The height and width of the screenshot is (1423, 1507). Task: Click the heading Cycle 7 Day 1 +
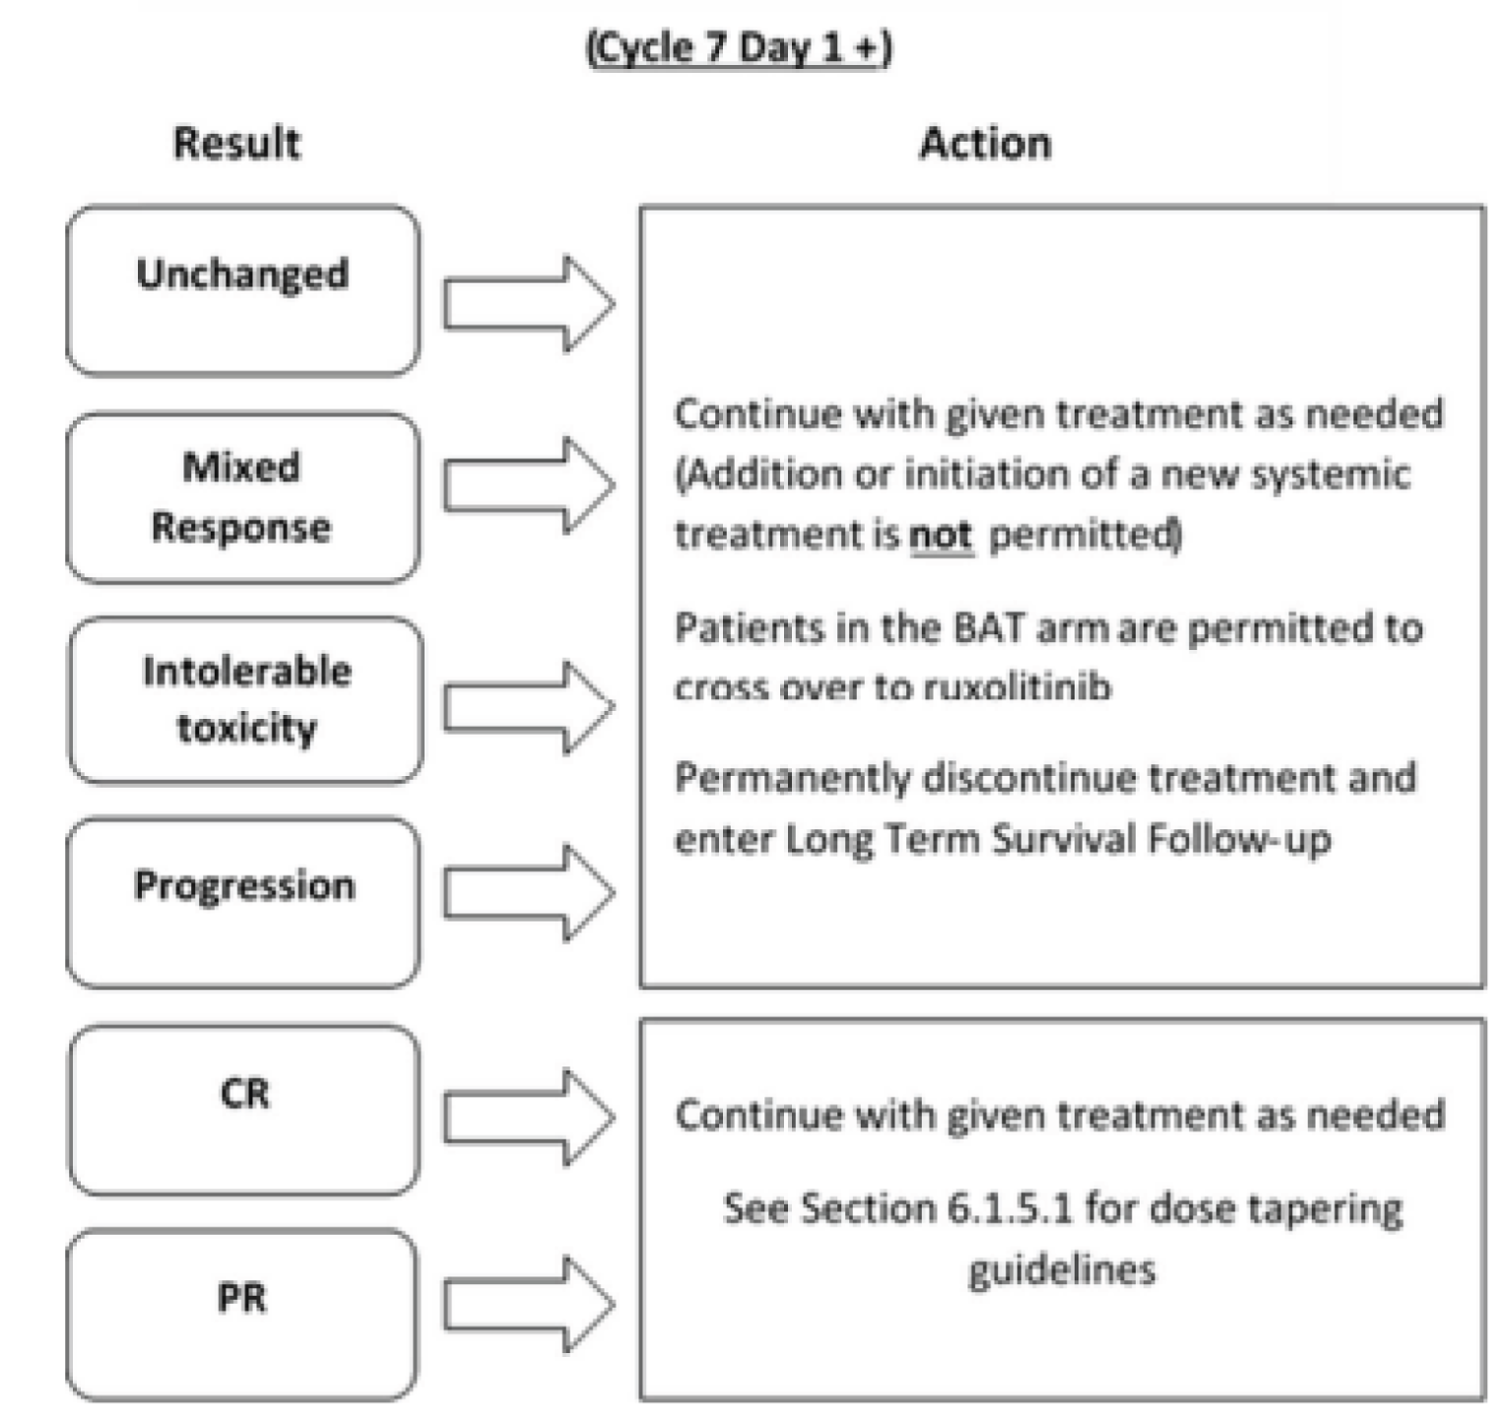(x=739, y=47)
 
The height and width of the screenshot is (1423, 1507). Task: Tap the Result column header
(x=236, y=143)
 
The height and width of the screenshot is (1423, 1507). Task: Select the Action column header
(x=984, y=143)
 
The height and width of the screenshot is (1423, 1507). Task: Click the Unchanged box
(x=243, y=291)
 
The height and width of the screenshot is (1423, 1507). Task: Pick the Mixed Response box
(x=243, y=497)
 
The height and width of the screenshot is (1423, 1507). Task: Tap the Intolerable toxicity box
(x=246, y=700)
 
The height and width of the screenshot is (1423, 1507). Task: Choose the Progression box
(x=243, y=902)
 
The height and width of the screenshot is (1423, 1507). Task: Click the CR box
(x=243, y=1110)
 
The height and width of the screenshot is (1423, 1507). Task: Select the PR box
(x=242, y=1314)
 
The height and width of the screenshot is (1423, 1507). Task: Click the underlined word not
(x=941, y=535)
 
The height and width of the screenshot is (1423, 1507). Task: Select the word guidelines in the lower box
(x=1062, y=1268)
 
